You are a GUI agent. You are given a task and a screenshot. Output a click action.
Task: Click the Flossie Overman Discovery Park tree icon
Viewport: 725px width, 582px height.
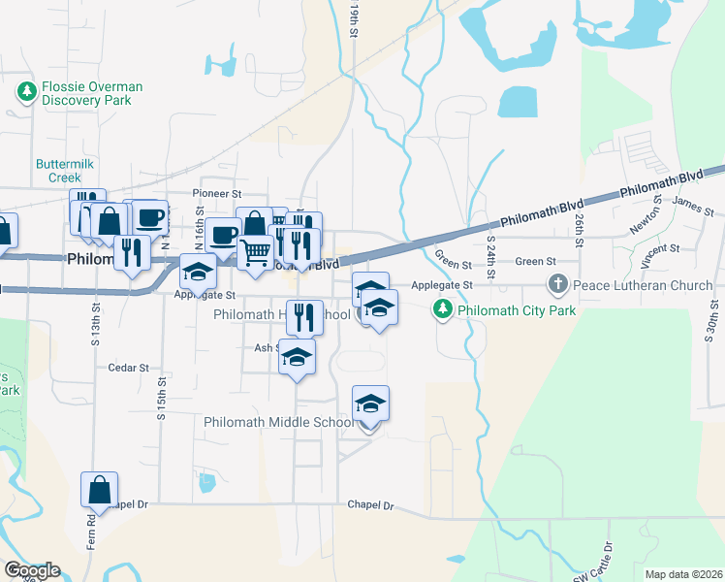[x=27, y=93]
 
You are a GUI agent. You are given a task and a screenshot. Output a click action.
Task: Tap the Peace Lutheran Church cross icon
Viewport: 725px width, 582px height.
[x=557, y=285]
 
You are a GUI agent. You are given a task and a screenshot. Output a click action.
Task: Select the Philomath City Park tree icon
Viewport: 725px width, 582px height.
[x=442, y=310]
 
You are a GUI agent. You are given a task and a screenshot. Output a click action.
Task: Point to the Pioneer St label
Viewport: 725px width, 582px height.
[x=215, y=193]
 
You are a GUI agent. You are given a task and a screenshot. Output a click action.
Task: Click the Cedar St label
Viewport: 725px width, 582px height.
[x=129, y=368]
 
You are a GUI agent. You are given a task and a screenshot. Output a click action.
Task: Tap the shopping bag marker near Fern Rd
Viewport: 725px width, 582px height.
[x=99, y=492]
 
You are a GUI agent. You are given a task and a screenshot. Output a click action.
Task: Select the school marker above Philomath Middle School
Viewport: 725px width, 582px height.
[x=369, y=404]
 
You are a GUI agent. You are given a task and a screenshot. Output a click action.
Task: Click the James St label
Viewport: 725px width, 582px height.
[x=692, y=206]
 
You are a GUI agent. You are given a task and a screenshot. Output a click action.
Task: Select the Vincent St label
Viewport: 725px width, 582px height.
[x=659, y=255]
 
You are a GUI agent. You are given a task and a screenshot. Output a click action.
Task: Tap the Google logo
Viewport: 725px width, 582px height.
[x=31, y=570]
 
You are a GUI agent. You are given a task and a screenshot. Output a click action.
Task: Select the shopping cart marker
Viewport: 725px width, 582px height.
[x=256, y=252]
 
